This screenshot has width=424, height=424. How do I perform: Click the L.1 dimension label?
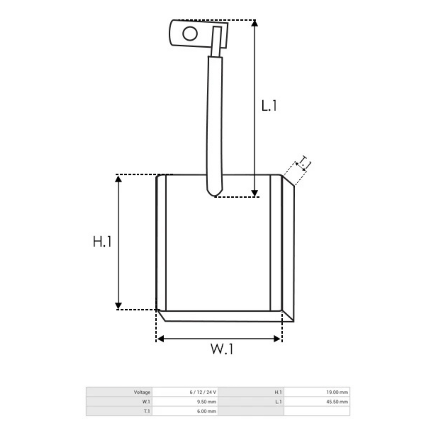269,105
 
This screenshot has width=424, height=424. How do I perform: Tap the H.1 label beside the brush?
102,242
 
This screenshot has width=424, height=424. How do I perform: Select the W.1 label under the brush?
222,349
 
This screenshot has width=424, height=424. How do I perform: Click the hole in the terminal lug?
190,34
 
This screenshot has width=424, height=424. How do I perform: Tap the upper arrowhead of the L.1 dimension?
255,23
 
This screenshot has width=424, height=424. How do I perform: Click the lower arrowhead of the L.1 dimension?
255,193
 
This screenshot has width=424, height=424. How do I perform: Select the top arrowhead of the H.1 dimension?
119,178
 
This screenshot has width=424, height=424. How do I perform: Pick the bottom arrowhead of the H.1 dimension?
119,306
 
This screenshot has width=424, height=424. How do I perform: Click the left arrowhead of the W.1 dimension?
160,339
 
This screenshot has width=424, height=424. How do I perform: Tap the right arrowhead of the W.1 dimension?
277,339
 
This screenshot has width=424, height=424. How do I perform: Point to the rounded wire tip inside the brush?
214,193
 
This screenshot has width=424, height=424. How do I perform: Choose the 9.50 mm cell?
207,402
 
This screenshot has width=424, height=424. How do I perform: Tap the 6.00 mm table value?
207,411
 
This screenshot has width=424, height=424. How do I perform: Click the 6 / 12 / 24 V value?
203,392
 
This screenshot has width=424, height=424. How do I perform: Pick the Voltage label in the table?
142,392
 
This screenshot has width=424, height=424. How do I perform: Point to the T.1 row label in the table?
146,411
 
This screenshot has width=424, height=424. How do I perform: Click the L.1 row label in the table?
278,402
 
